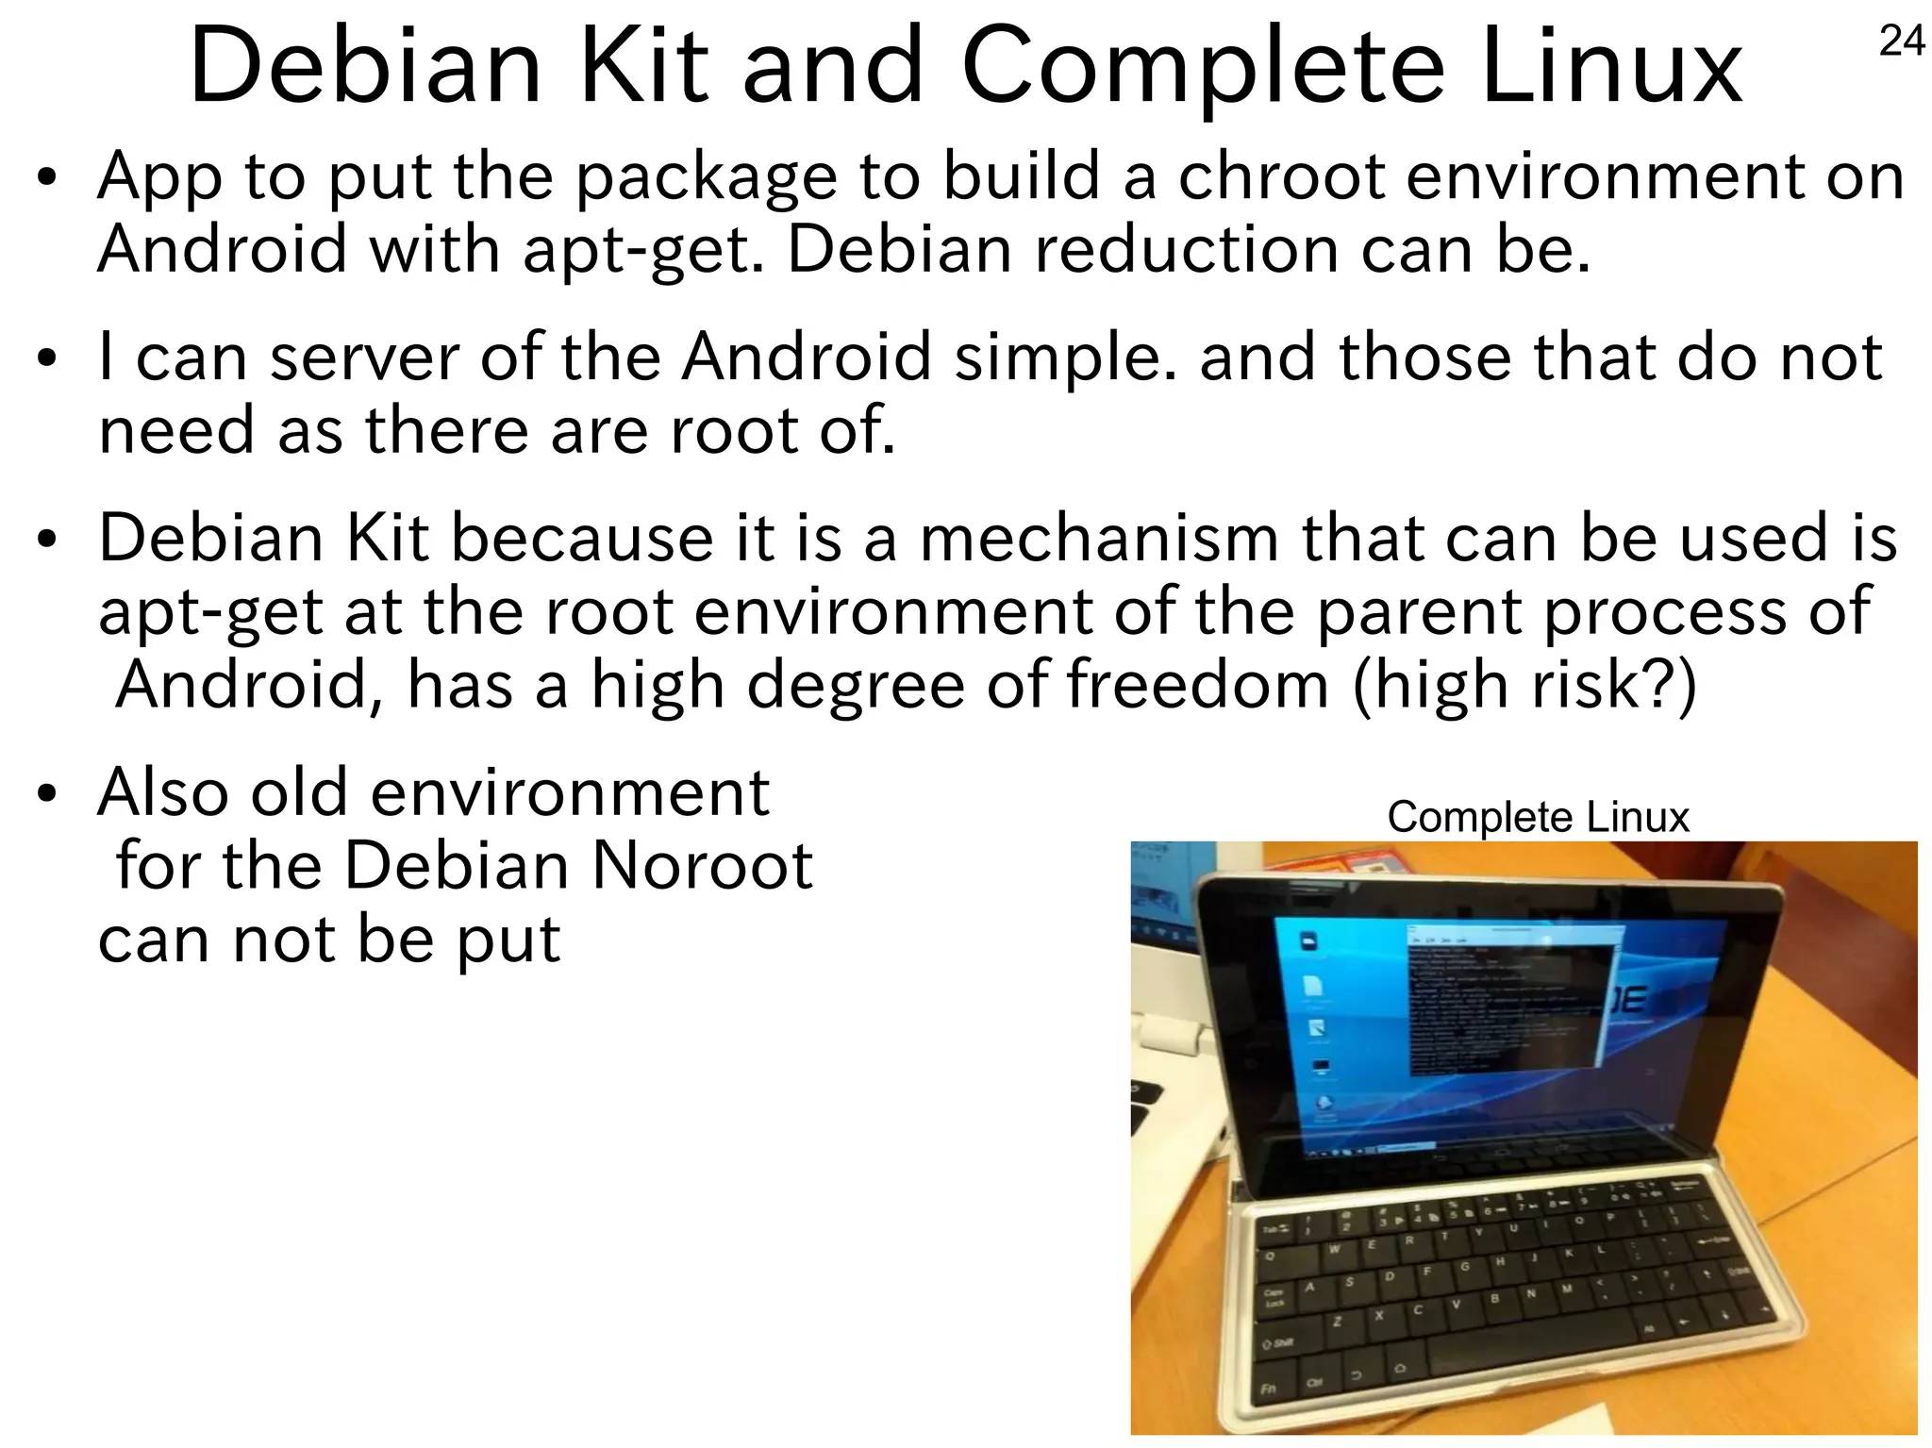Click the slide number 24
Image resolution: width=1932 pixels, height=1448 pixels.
pyautogui.click(x=1902, y=42)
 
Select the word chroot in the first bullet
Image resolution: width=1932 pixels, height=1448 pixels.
pyautogui.click(x=1281, y=176)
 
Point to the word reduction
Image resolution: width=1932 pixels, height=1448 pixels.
pyautogui.click(x=1186, y=249)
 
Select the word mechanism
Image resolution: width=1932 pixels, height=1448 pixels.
pyautogui.click(x=1099, y=539)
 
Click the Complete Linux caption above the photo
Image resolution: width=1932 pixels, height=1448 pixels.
pyautogui.click(x=1538, y=817)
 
